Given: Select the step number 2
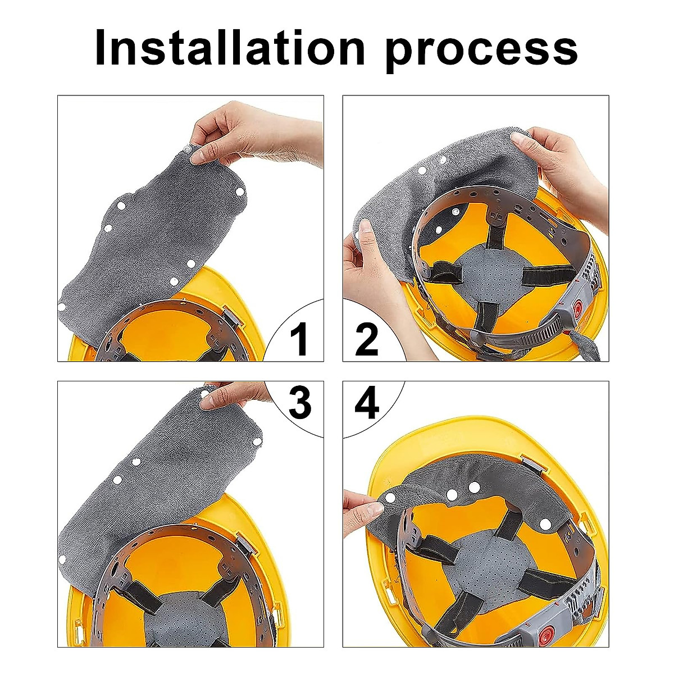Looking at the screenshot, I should tap(367, 339).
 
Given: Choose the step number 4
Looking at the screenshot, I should tap(367, 402).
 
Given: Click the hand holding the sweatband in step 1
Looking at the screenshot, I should tap(253, 135).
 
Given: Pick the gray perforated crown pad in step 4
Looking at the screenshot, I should tap(477, 567).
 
